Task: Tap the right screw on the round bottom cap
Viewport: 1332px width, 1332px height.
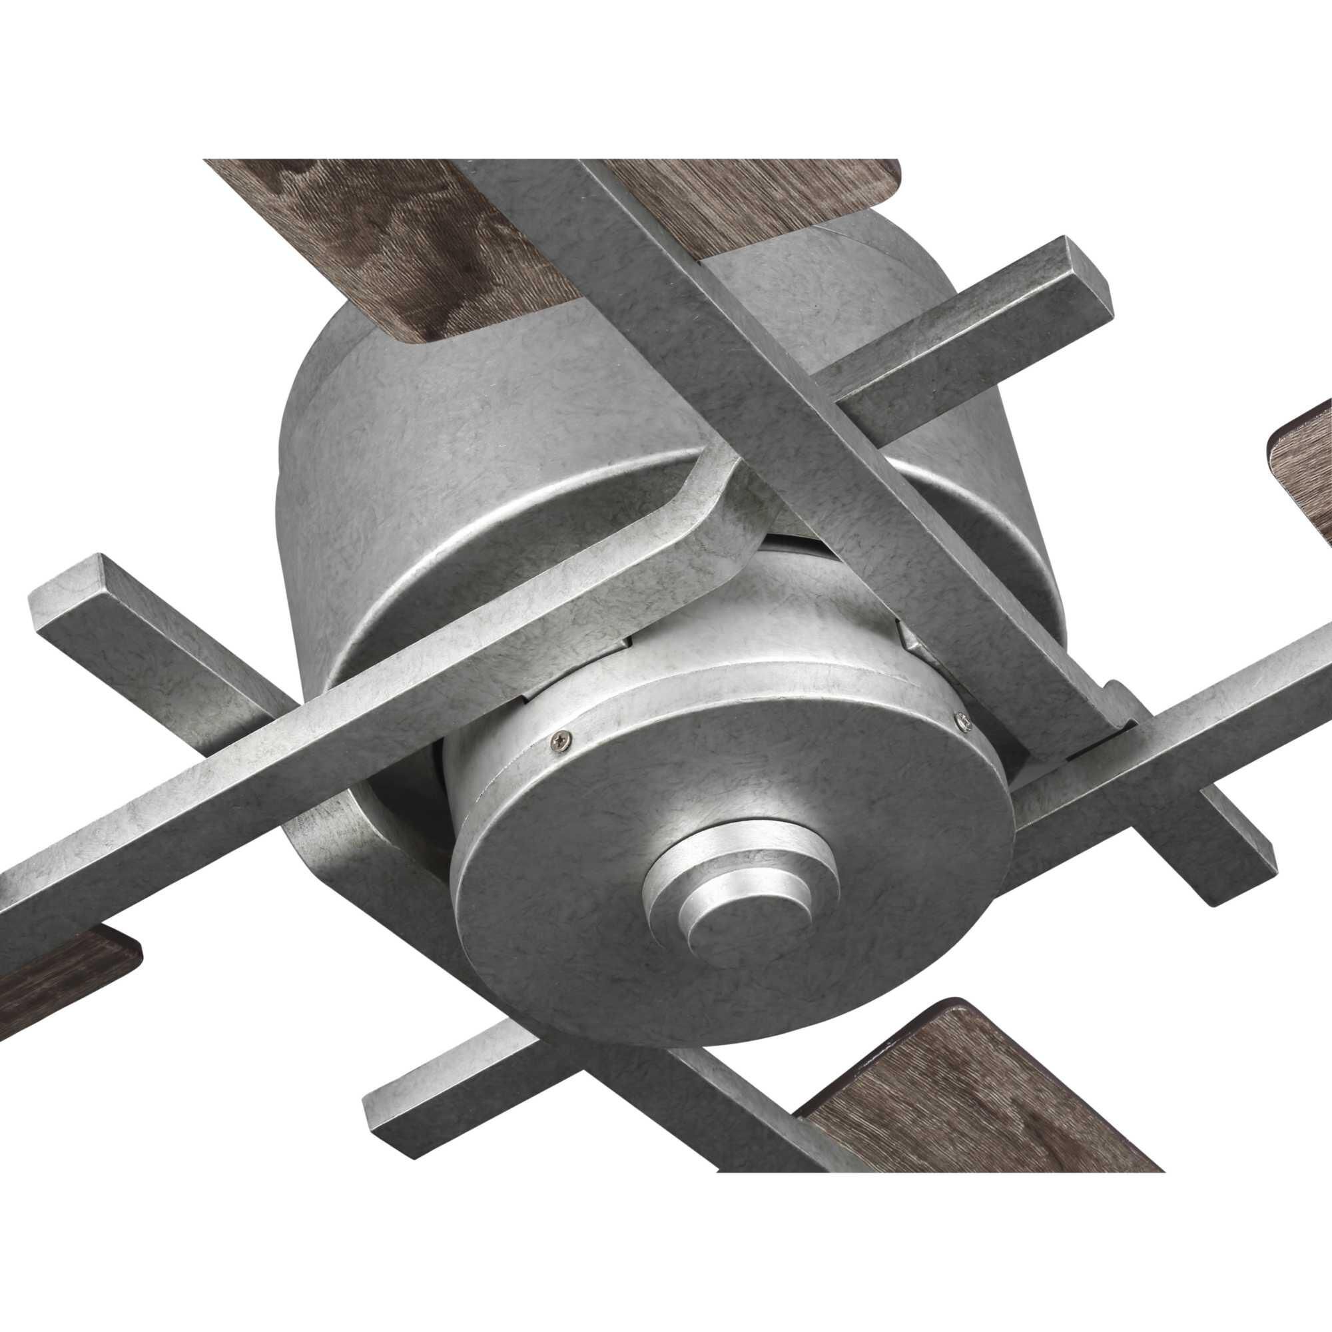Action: pos(963,720)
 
